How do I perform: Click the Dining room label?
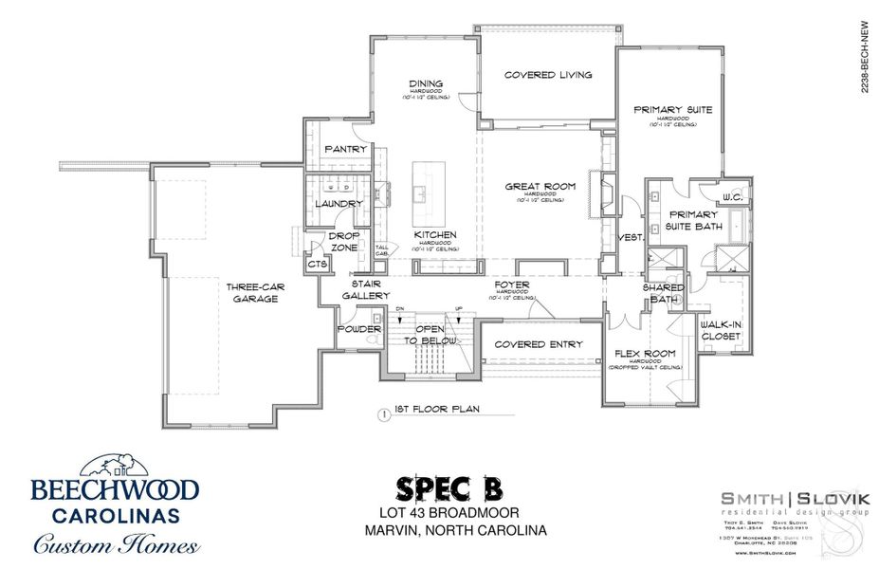(x=419, y=83)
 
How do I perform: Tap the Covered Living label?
(x=548, y=75)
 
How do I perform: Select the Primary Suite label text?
(x=672, y=110)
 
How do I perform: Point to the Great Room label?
(x=540, y=187)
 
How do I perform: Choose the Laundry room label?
(x=339, y=204)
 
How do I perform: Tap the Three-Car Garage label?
(x=251, y=292)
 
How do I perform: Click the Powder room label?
(x=357, y=330)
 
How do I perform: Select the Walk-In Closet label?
(x=721, y=329)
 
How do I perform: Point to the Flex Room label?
(x=638, y=354)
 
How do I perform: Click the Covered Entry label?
(x=539, y=344)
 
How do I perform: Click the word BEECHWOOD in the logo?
(x=115, y=490)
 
